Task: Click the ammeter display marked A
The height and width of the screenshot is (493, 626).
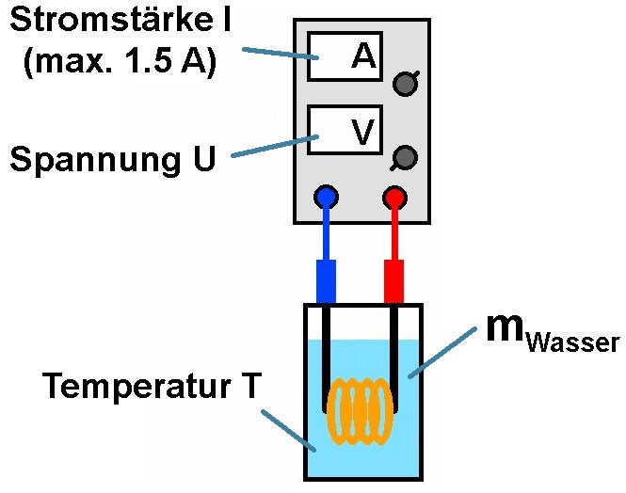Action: coord(345,56)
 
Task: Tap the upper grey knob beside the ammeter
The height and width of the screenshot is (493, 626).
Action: coord(405,84)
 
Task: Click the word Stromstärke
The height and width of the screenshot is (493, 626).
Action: coord(103,21)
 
